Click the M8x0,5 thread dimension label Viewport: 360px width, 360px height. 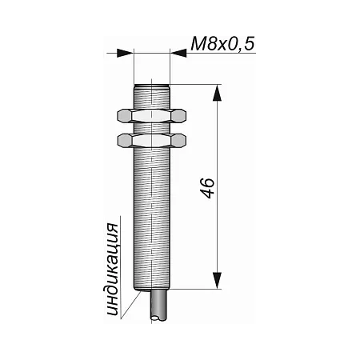coord(222,44)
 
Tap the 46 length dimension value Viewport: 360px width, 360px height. coord(207,188)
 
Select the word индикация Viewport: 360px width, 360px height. coord(113,270)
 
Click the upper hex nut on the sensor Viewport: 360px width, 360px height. coord(151,116)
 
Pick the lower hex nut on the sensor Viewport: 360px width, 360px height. coord(151,140)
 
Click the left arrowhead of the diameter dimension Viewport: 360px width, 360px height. coord(125,53)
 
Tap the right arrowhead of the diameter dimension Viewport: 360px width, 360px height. coord(178,53)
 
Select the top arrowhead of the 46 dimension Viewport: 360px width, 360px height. coord(218,93)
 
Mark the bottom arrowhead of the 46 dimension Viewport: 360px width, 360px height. coord(218,281)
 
